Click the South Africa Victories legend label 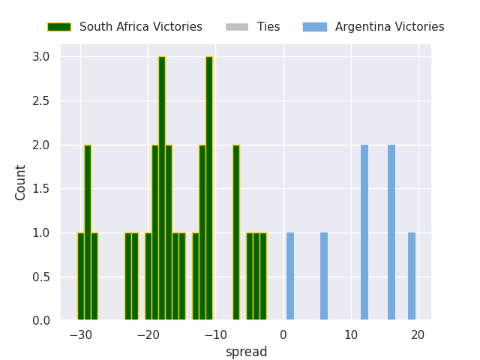141,27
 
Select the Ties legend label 268,27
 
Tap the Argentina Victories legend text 389,27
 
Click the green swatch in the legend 59,27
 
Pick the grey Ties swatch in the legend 236,27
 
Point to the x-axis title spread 246,352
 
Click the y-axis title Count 21,182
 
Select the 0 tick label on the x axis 283,334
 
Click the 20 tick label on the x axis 418,334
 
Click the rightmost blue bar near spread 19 412,277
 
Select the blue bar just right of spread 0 290,277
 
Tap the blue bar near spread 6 324,277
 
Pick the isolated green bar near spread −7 236,232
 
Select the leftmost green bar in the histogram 81,277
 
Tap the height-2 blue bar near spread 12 364,232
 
